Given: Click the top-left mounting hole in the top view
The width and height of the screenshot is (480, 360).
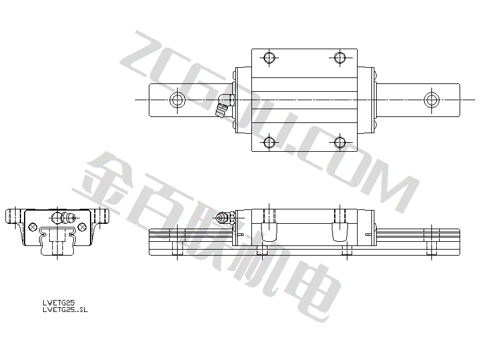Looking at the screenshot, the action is tap(269, 58).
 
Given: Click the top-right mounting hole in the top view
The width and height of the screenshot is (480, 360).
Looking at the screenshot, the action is tap(340, 58).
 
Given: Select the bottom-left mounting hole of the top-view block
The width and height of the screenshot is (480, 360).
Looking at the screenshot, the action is tap(269, 142).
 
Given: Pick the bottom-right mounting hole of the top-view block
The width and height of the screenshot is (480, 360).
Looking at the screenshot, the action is tap(340, 142).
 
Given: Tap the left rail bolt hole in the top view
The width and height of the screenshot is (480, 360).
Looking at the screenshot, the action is tap(177, 100).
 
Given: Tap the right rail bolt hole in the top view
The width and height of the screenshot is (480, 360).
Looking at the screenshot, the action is tap(431, 100).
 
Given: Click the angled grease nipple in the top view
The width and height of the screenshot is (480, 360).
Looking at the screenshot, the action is tap(224, 106).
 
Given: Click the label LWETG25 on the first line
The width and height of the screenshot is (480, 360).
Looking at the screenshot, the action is tap(58, 302).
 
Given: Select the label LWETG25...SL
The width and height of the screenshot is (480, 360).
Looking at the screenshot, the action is tap(65, 310).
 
